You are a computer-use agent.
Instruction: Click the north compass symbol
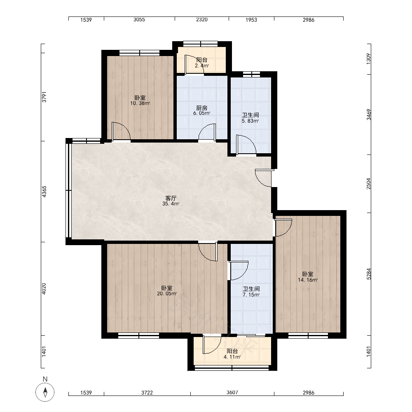(45, 392)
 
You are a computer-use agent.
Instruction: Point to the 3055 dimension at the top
(139, 19)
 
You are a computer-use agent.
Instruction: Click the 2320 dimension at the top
(202, 19)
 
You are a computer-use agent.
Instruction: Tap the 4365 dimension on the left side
(44, 192)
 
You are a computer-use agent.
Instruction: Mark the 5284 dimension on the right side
(369, 274)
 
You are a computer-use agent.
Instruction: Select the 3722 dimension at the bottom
(147, 393)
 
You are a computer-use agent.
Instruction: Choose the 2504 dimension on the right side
(369, 184)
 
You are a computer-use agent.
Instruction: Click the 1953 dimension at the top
(251, 20)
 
